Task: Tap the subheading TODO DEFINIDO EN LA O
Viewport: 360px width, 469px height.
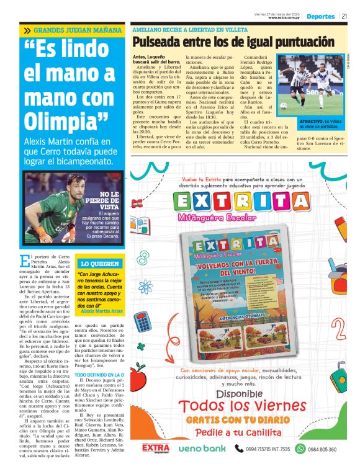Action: (x=100, y=375)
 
